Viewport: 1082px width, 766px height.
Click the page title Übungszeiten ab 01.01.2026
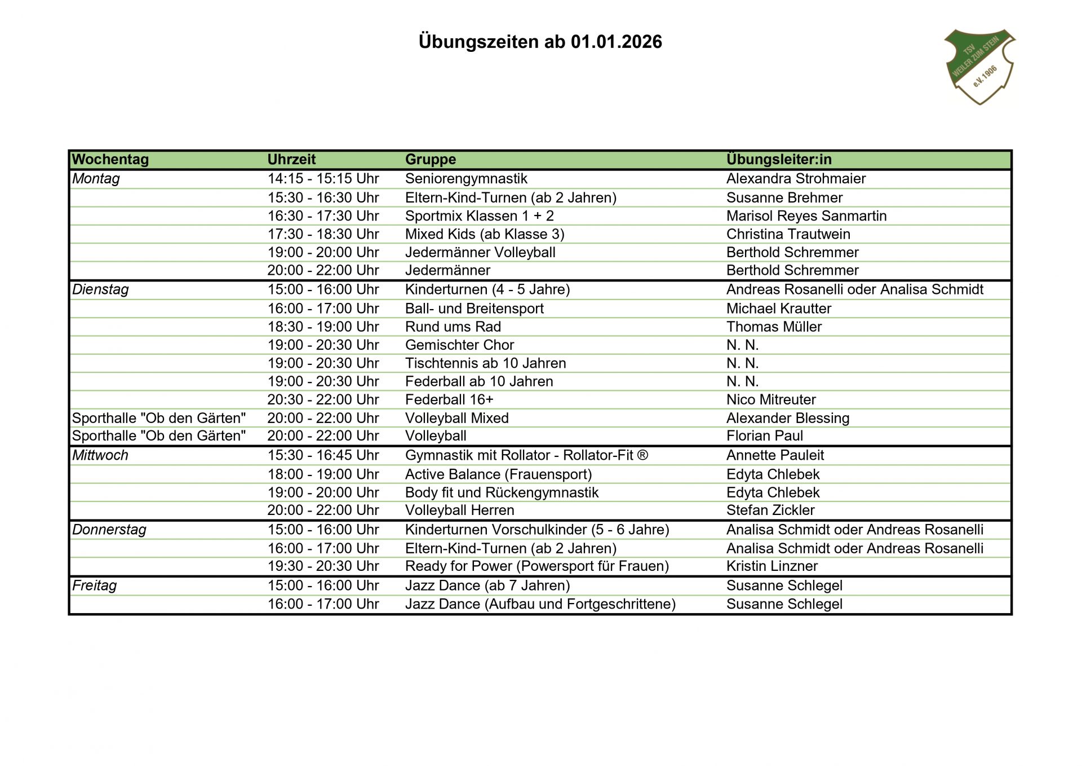540,42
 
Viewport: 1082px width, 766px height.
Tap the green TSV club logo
979,67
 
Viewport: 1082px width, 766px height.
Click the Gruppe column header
431,160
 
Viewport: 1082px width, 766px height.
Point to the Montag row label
96,179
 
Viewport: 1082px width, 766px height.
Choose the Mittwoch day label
100,455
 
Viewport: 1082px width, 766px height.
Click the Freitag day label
94,585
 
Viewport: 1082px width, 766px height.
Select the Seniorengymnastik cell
466,179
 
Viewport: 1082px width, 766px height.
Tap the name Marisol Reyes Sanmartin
806,216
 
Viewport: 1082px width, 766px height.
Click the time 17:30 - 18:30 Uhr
323,234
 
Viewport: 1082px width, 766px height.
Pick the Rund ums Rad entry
453,327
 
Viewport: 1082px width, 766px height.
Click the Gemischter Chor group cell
459,345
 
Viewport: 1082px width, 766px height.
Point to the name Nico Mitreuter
771,399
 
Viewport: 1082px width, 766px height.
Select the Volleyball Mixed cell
457,418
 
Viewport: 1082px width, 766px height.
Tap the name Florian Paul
765,435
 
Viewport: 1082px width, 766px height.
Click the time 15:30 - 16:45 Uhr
323,455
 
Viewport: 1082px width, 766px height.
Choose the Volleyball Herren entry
459,510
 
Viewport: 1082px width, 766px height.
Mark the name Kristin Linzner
772,566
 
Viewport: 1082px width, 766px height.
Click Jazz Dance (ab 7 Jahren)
487,585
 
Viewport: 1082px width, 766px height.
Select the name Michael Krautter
779,309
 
